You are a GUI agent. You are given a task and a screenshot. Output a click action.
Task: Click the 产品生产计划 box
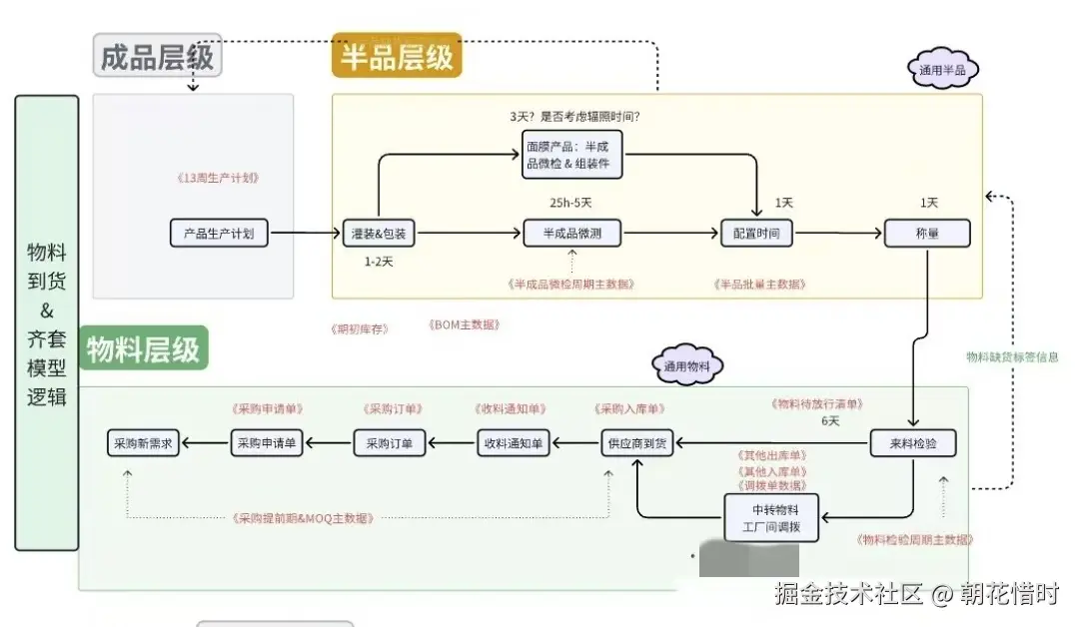pyautogui.click(x=219, y=234)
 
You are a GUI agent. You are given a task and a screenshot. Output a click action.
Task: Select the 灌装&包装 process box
pyautogui.click(x=379, y=234)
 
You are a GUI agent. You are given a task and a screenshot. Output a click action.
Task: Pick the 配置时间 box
pyautogui.click(x=756, y=234)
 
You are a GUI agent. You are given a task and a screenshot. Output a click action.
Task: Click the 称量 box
pyautogui.click(x=926, y=234)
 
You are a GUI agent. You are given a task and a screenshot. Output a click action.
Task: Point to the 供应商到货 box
pyautogui.click(x=636, y=442)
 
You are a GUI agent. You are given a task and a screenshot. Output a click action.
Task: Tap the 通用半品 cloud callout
pyautogui.click(x=942, y=70)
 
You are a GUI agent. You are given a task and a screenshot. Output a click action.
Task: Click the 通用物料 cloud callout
pyautogui.click(x=687, y=366)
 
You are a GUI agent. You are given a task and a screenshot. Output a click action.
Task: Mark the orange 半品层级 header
pyautogui.click(x=397, y=57)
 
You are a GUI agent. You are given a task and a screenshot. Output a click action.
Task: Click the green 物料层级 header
pyautogui.click(x=143, y=349)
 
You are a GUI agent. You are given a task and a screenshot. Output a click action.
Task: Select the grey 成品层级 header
pyautogui.click(x=158, y=56)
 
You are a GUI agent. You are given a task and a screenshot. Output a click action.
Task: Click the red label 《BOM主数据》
pyautogui.click(x=463, y=324)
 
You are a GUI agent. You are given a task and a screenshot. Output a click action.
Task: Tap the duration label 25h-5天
pyautogui.click(x=570, y=203)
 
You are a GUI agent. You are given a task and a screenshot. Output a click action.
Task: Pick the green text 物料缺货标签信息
pyautogui.click(x=1011, y=356)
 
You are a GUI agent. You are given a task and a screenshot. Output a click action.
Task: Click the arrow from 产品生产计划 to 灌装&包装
pyautogui.click(x=304, y=234)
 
